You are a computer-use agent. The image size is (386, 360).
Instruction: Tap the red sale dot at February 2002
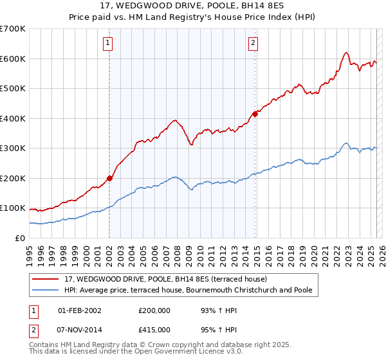[x=109, y=178]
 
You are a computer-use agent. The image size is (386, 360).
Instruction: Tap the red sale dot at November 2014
[x=255, y=114]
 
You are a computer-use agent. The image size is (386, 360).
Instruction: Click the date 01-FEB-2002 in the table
[x=79, y=310]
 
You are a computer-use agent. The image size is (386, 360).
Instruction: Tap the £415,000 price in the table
[x=154, y=329]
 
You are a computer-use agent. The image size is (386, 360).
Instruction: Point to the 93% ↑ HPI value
[x=210, y=310]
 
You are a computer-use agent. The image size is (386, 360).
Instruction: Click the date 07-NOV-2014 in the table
[x=80, y=329]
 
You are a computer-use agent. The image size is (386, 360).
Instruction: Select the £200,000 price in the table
[x=154, y=310]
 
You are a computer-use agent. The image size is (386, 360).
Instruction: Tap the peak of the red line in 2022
[x=346, y=53]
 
